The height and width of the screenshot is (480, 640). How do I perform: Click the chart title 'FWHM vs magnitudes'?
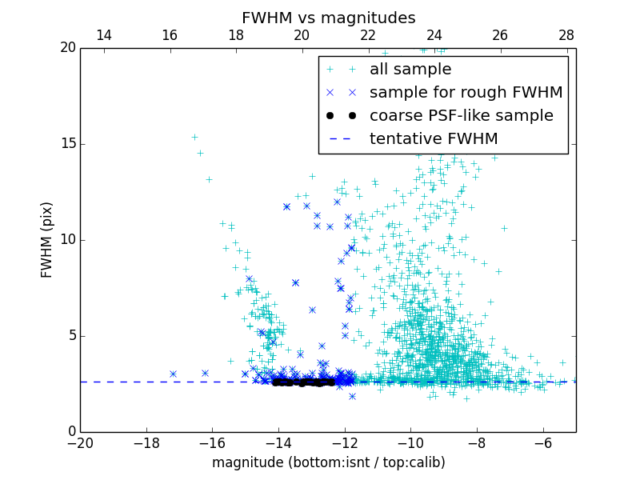click(x=328, y=18)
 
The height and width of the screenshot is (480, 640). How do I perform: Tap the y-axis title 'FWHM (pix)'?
click(x=46, y=239)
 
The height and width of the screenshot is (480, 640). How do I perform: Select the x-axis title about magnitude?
click(x=328, y=462)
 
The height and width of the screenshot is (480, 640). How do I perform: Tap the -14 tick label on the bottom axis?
click(x=278, y=443)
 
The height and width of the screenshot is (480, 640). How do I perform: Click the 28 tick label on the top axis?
click(x=566, y=35)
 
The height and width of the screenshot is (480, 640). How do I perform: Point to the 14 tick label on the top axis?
click(x=103, y=35)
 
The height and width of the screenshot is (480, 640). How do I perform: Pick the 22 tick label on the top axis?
click(x=368, y=35)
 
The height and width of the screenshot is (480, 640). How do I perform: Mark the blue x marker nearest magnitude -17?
click(x=173, y=374)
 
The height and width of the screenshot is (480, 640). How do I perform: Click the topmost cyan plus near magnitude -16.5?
click(x=194, y=137)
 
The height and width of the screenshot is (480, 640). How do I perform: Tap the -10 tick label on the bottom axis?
click(x=410, y=443)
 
